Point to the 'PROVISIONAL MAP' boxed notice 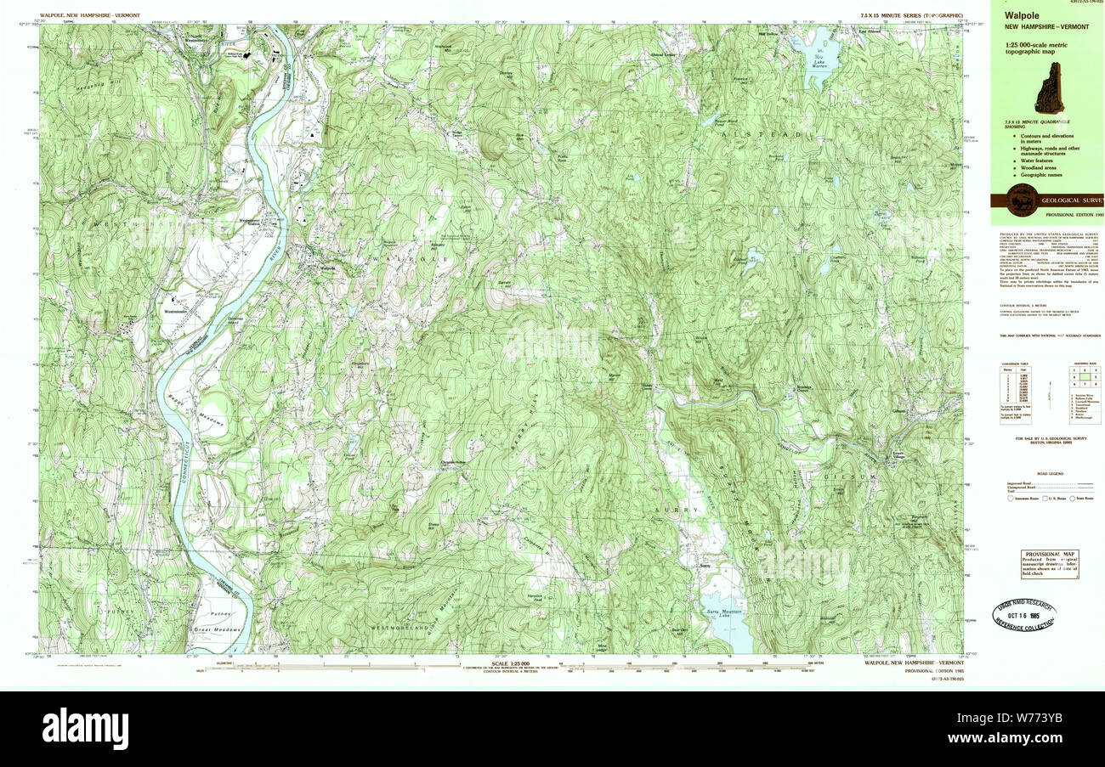point(1050,563)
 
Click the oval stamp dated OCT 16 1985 point(1027,615)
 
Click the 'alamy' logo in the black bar point(85,728)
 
